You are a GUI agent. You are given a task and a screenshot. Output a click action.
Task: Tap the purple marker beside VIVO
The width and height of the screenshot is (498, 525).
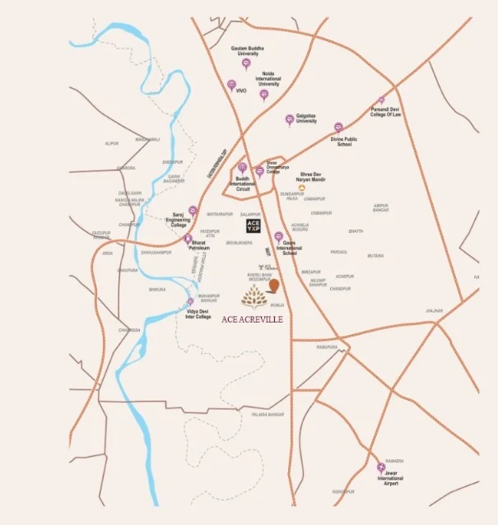click(231, 85)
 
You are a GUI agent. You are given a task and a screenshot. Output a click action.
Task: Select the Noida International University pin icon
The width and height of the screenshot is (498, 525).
click(263, 95)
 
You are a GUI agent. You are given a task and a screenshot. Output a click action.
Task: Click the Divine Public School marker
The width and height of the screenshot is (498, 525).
click(337, 128)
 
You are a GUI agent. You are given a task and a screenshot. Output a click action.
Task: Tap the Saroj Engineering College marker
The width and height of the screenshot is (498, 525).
click(193, 211)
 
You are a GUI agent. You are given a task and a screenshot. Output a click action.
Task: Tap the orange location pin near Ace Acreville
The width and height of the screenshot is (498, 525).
click(275, 286)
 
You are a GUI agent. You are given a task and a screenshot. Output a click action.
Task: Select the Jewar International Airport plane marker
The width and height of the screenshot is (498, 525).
click(381, 467)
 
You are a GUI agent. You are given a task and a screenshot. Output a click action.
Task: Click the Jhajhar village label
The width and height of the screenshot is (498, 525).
click(434, 310)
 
